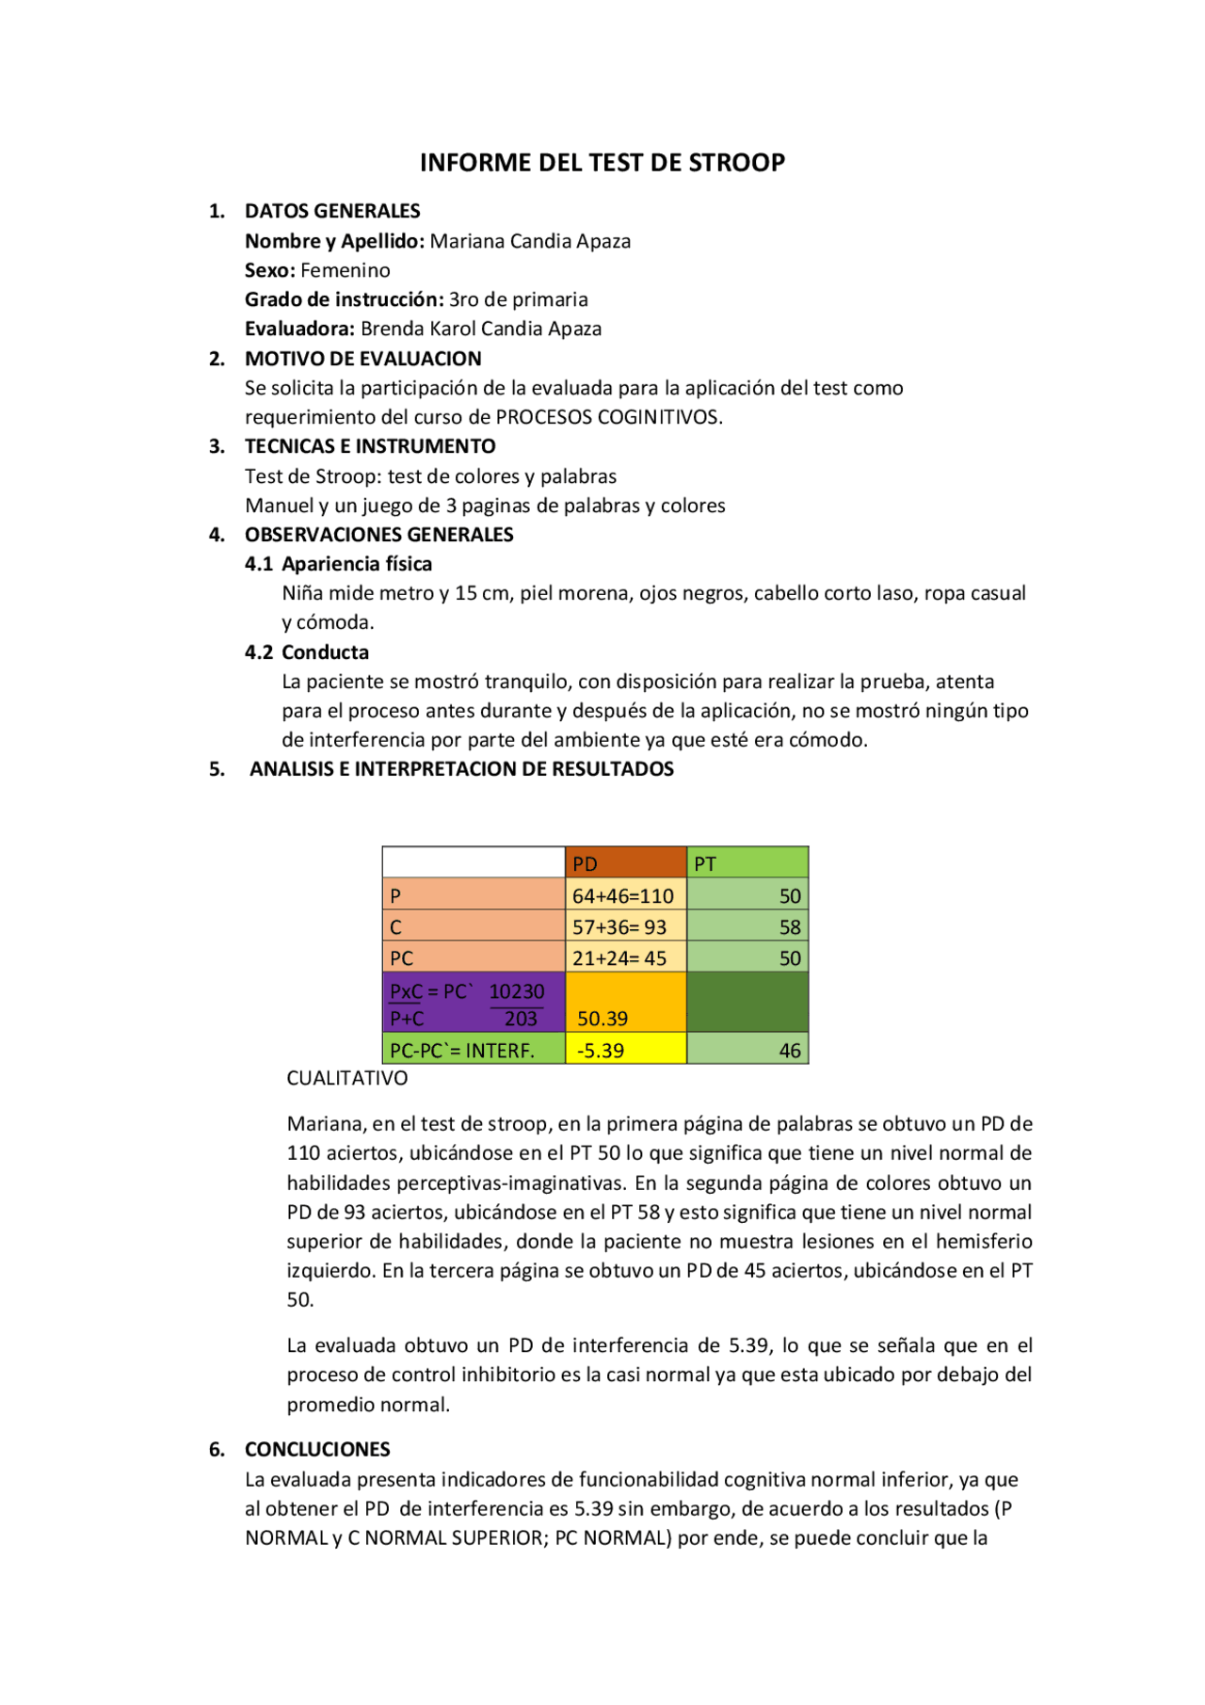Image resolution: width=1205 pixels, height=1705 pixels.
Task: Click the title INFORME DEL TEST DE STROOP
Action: (602, 163)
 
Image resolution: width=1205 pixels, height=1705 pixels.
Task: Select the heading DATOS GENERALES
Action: (332, 211)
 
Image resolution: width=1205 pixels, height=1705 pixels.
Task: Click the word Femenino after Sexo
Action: (345, 270)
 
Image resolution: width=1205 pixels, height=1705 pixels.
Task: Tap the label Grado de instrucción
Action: (344, 299)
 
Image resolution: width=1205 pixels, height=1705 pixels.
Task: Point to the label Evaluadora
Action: (299, 329)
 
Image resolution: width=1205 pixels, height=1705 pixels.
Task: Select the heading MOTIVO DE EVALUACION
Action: (362, 359)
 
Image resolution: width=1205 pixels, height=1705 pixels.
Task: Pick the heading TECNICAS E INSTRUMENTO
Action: (370, 446)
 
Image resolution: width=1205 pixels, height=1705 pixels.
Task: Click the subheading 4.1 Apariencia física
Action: (339, 564)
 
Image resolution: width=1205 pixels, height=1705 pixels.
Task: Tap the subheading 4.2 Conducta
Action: (307, 652)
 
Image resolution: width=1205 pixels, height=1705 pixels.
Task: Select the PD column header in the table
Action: (586, 863)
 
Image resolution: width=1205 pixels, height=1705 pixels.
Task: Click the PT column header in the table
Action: (705, 863)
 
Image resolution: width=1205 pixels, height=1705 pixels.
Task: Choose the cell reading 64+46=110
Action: (623, 895)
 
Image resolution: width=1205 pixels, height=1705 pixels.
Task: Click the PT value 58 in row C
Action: (789, 927)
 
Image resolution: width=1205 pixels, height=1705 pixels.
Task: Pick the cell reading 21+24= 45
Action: (619, 958)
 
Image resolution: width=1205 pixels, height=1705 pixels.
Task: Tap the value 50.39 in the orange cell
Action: (602, 1019)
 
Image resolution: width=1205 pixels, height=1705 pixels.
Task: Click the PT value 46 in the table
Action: (789, 1051)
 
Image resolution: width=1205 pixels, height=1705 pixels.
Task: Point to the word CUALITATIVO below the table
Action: (347, 1078)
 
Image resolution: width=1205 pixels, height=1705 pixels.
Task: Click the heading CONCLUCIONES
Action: (317, 1449)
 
